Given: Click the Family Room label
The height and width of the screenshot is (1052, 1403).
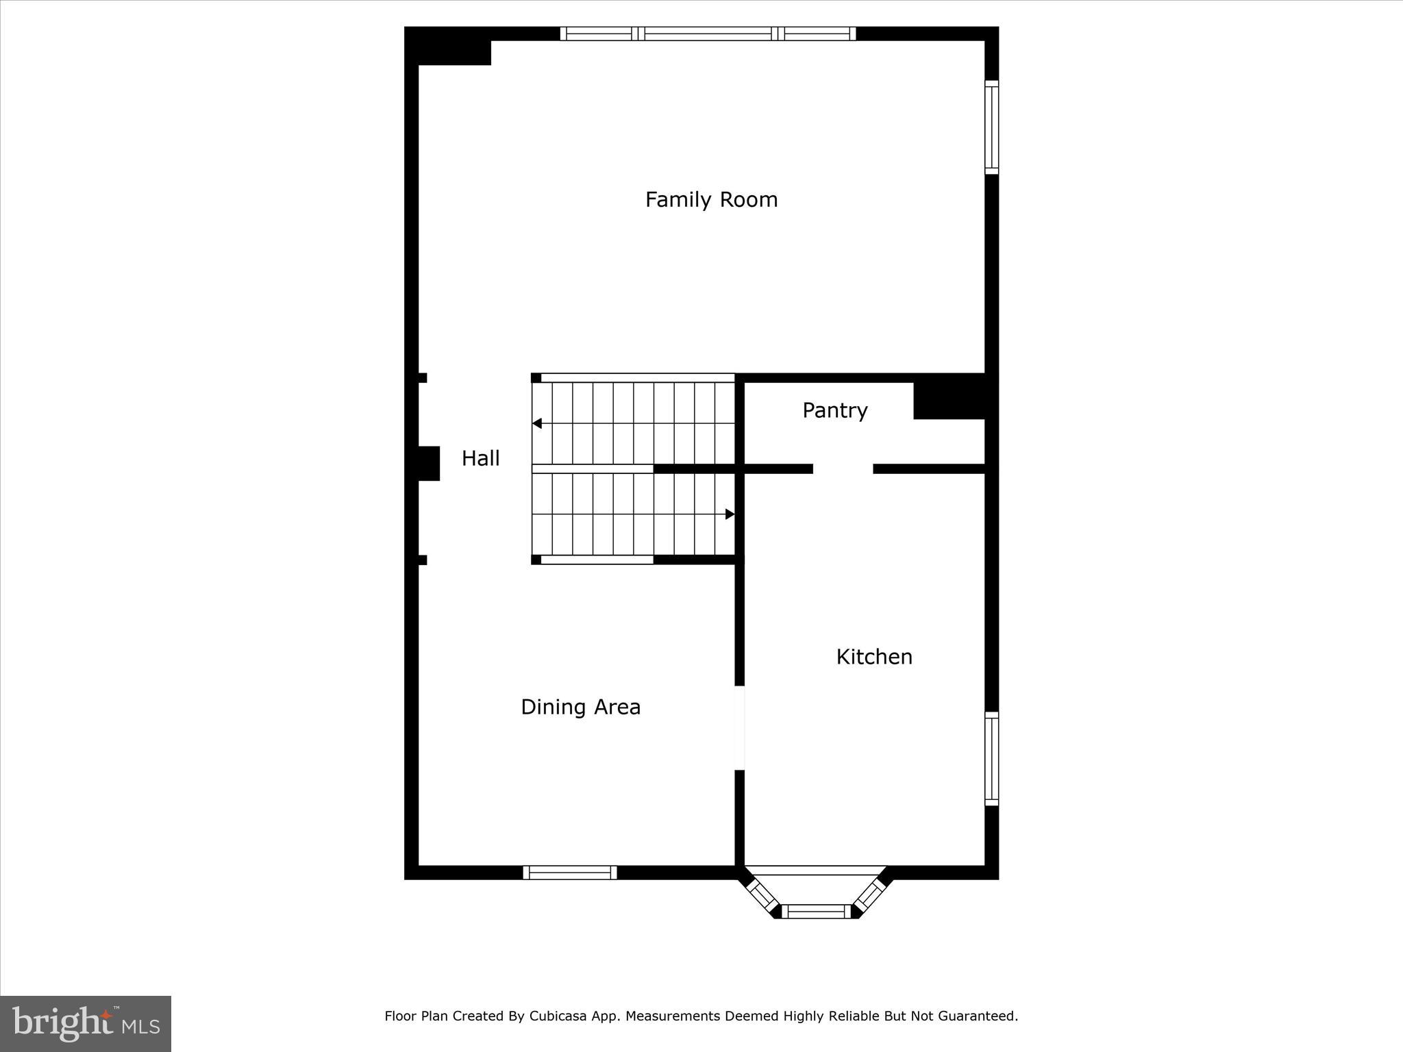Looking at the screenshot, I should click(x=711, y=199).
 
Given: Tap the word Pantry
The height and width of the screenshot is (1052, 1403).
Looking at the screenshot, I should click(x=834, y=410).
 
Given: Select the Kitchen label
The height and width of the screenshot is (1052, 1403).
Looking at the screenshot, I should click(x=874, y=657).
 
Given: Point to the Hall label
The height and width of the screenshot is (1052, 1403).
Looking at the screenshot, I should click(x=480, y=458).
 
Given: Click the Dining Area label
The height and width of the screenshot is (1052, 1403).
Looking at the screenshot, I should click(x=580, y=707).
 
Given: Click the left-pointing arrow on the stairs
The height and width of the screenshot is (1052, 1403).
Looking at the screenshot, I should click(x=537, y=423).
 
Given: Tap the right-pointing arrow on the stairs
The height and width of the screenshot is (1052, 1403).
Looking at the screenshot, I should click(x=730, y=514).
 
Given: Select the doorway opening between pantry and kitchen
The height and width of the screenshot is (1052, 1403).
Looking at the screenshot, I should click(x=843, y=469).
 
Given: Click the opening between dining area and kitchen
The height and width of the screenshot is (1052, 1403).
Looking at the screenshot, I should click(x=739, y=727).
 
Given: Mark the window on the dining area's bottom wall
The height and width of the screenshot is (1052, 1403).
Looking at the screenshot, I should click(x=570, y=873).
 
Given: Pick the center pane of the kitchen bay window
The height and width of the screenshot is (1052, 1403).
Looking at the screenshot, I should click(x=816, y=911).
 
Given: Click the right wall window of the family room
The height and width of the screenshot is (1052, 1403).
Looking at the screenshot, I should click(x=991, y=127).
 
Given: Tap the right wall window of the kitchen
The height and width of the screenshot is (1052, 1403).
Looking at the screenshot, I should click(x=991, y=758).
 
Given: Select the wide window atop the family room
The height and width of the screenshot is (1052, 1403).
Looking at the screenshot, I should click(x=708, y=34).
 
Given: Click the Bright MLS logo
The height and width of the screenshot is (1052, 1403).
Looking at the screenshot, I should click(x=86, y=1023).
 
